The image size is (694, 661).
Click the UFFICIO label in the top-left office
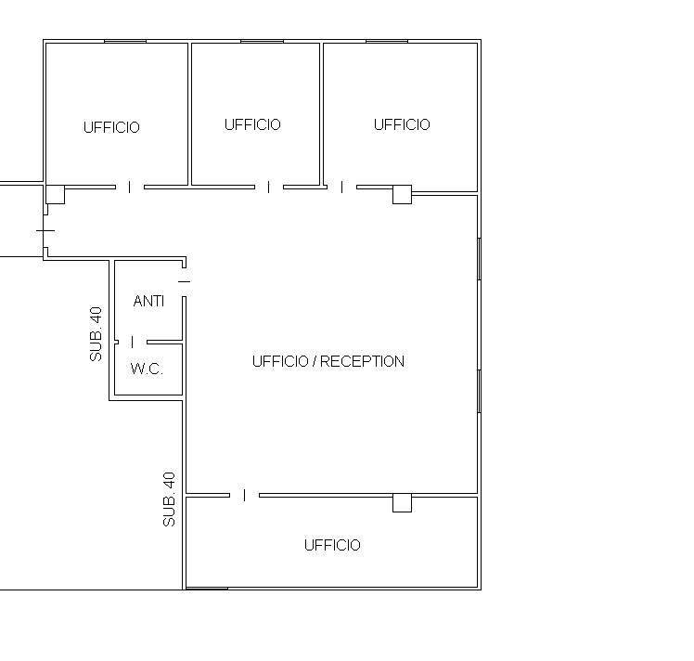tap(111, 127)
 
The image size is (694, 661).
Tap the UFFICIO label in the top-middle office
tap(252, 124)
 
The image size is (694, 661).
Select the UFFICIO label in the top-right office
tap(402, 124)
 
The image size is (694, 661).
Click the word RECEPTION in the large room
tap(362, 361)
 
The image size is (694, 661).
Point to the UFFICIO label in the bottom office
tap(332, 545)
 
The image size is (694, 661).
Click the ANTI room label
tap(148, 301)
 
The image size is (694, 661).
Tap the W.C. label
tap(147, 369)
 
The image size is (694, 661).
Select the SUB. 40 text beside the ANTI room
tap(96, 334)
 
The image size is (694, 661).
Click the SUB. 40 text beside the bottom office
tap(169, 499)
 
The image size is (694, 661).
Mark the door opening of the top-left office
tap(130, 188)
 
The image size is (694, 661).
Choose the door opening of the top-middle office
tap(269, 188)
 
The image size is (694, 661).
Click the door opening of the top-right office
tap(341, 188)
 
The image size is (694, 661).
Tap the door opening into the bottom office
tap(244, 496)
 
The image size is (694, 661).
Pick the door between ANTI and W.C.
tap(133, 342)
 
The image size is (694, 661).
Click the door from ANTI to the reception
tap(184, 281)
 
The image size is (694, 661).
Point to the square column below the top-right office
tap(402, 195)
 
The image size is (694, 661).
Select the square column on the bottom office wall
tap(402, 503)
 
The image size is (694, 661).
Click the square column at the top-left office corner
tap(56, 194)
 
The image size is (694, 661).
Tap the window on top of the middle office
tap(262, 42)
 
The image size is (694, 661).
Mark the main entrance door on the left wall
tap(45, 230)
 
